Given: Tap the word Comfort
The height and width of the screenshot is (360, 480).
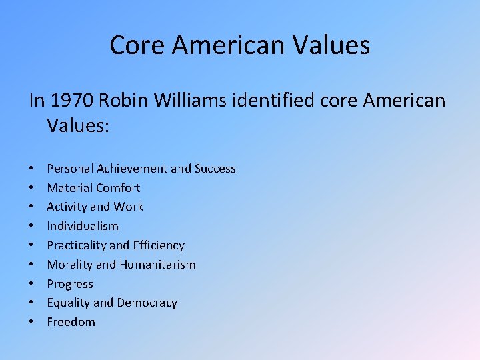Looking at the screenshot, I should (118, 188).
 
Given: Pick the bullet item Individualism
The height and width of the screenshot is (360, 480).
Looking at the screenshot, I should (83, 226).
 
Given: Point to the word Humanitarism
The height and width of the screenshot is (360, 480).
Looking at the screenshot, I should (157, 265).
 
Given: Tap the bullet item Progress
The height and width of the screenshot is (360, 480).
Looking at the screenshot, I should (70, 284).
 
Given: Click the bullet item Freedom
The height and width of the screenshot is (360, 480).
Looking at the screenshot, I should (71, 322).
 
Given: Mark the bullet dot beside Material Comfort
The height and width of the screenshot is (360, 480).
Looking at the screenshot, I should (32, 189).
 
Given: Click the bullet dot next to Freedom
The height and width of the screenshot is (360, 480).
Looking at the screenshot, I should (32, 323).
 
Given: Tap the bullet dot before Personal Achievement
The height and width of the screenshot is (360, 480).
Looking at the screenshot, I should (32, 169).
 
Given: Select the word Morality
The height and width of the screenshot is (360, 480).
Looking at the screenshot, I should (69, 265).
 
